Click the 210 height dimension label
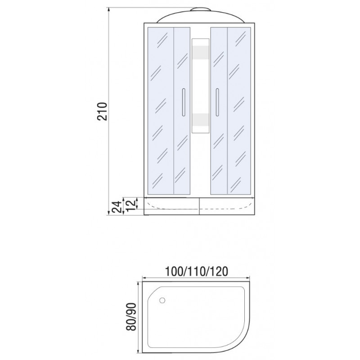coord(103,111)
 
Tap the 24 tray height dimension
coord(116,207)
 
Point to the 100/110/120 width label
coord(197,272)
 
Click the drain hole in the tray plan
coord(162,300)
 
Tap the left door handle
coord(183,102)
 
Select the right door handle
coord(217,102)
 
